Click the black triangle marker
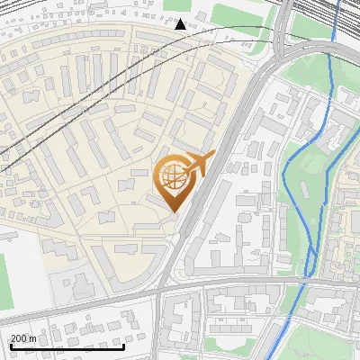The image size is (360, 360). (181, 24)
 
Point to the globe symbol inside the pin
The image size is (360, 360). (173, 177)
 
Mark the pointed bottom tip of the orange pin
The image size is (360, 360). (173, 211)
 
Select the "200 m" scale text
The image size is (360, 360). (23, 338)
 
